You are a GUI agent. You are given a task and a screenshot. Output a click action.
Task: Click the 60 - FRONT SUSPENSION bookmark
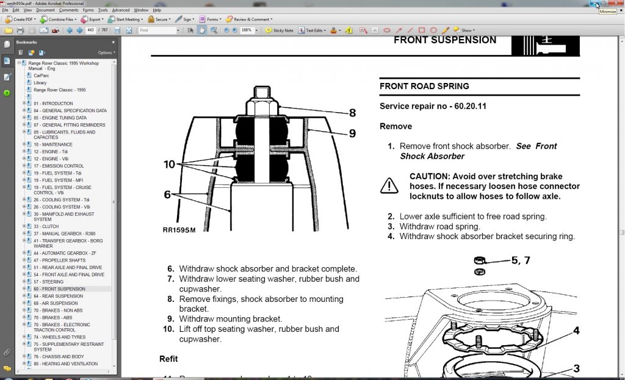pos(59,289)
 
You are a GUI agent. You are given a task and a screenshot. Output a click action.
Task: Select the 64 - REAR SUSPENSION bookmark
pos(59,296)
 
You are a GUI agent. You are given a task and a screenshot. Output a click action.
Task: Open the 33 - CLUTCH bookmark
pos(46,226)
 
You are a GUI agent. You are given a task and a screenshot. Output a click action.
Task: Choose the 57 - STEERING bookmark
pos(49,282)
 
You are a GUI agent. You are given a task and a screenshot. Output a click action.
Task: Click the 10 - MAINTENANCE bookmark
pos(53,145)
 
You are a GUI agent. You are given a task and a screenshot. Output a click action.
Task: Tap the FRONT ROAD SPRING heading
pos(424,86)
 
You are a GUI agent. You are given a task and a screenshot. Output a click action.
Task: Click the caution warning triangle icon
pos(389,185)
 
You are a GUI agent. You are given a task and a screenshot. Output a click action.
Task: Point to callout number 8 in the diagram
pos(352,112)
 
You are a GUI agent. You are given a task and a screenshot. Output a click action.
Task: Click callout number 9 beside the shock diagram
pos(352,133)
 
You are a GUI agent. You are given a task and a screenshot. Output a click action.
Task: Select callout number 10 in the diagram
pos(169,164)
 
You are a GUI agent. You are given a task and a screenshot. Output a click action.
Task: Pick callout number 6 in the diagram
pos(167,195)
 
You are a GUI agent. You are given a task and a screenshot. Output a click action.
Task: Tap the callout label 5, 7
pos(520,260)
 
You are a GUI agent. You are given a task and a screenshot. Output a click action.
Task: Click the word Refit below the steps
pos(168,359)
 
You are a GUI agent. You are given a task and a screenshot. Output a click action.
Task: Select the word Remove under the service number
pos(396,126)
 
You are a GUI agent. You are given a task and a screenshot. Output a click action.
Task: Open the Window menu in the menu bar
pos(141,10)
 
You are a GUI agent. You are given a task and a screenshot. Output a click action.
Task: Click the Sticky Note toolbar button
pos(280,30)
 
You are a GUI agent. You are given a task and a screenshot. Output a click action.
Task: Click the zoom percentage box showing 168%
pos(248,30)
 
